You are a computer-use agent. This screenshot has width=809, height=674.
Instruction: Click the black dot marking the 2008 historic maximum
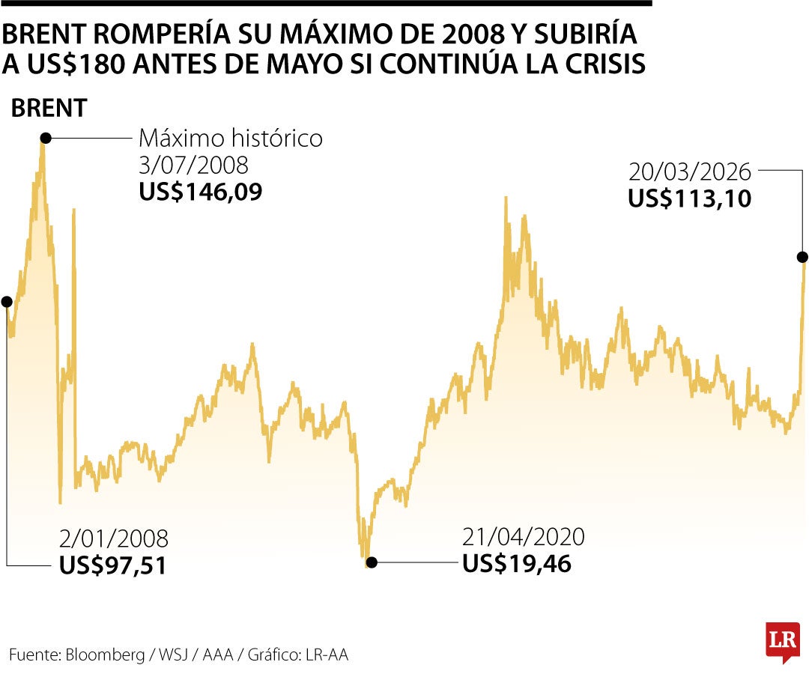coord(46,138)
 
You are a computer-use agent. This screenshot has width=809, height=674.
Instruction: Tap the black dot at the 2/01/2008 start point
coord(7,302)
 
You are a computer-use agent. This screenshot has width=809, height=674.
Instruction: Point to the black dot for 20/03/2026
coord(802,257)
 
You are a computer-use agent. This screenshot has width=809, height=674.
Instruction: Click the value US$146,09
coord(201,192)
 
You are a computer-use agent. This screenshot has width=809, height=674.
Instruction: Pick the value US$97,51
coord(112,565)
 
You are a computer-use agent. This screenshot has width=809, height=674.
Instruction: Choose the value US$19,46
coord(517,563)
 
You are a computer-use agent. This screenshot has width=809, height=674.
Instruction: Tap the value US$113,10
coord(689,199)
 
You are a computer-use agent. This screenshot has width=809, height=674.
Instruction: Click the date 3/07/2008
coord(193,166)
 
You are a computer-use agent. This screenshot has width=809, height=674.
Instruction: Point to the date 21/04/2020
coord(524,537)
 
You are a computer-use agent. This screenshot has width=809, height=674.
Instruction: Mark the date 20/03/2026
coord(689,173)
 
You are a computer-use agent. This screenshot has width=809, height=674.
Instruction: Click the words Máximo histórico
coord(231,139)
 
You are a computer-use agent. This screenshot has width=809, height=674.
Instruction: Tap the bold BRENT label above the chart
coord(49,109)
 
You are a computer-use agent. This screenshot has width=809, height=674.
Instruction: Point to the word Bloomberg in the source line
coord(106,655)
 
